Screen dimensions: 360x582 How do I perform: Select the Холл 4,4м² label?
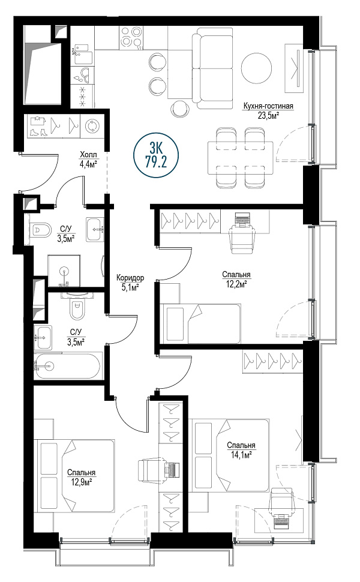click(x=88, y=158)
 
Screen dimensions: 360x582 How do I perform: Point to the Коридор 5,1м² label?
click(x=130, y=282)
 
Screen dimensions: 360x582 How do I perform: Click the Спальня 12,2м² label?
click(x=236, y=279)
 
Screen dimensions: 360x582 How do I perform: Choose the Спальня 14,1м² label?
click(x=241, y=449)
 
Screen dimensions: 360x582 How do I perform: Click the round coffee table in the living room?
click(x=257, y=68)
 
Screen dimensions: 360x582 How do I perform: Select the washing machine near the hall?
click(x=91, y=126)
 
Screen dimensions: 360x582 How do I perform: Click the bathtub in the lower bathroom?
click(x=67, y=366)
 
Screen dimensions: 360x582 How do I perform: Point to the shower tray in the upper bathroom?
click(x=64, y=271)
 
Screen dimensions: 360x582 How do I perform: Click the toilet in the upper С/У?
click(x=40, y=230)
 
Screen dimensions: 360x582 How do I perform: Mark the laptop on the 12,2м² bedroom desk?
click(x=242, y=220)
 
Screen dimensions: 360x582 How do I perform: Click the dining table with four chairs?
click(x=240, y=157)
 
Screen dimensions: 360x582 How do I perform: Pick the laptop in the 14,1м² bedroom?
click(x=282, y=521)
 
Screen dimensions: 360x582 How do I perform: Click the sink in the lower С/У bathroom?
click(x=43, y=337)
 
